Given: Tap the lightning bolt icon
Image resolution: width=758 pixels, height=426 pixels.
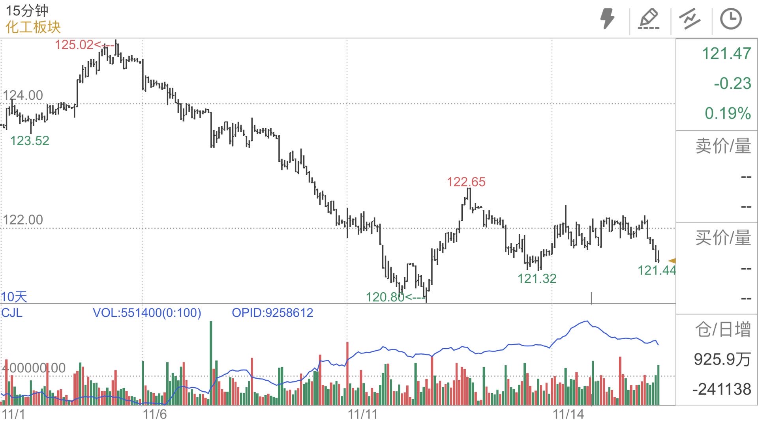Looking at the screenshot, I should click(607, 19).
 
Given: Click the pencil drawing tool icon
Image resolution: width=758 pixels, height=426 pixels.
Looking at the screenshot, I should click(649, 19).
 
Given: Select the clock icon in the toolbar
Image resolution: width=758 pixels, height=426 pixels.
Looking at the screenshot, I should click(731, 19).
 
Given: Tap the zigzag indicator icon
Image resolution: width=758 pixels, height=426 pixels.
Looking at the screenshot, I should click(689, 19).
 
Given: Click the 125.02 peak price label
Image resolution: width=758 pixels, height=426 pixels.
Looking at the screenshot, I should click(74, 45).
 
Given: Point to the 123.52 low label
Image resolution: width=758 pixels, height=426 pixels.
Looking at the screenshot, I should click(30, 140).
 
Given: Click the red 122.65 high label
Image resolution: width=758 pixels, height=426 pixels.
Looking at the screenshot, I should click(466, 182).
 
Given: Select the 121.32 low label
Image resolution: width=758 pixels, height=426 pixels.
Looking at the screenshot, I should click(537, 278).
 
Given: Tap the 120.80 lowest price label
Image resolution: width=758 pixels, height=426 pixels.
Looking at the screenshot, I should click(385, 297).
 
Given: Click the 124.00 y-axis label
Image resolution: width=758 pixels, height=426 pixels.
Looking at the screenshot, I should click(23, 95).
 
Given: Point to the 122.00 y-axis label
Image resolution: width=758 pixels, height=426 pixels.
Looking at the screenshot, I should click(23, 220).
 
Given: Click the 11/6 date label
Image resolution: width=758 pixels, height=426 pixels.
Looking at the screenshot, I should click(155, 415).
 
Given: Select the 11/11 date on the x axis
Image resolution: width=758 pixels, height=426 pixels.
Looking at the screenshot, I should click(362, 415).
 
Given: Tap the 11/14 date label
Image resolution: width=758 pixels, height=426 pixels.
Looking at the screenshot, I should click(568, 415).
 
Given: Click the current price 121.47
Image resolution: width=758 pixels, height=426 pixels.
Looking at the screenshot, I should click(726, 53).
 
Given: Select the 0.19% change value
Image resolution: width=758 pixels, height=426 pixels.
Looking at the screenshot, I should click(728, 113).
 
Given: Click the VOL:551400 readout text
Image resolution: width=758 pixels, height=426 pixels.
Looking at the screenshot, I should click(147, 313).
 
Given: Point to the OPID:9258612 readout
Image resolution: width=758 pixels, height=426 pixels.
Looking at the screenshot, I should click(272, 313).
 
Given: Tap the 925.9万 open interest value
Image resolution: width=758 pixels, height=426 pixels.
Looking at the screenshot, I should click(722, 359).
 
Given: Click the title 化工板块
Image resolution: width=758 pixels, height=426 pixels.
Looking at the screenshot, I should click(33, 27).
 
